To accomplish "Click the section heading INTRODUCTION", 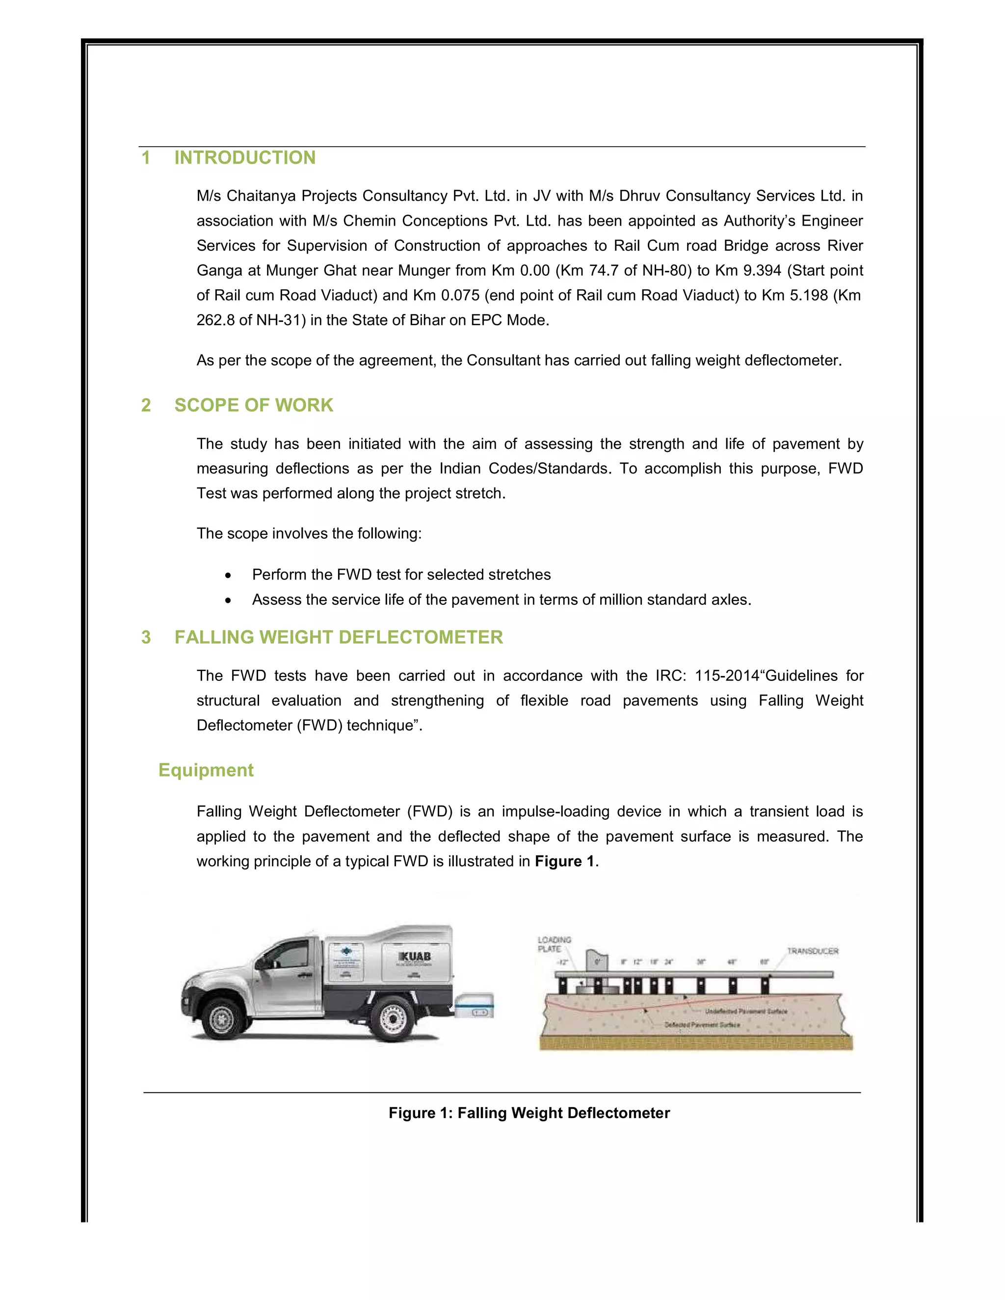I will [245, 158].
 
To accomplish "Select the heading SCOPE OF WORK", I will [254, 405].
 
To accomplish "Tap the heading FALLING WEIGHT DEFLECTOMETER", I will [338, 638].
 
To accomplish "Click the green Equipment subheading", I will [206, 770].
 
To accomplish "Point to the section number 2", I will [146, 405].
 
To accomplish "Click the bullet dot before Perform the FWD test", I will [228, 575].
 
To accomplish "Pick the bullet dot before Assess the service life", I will [228, 600].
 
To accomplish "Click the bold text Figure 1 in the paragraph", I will [564, 861].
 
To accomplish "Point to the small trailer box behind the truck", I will [475, 1005].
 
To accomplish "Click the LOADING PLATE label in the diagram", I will [554, 944].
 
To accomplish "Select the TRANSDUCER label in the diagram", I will [812, 951].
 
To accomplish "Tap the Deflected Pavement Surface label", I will [702, 1025].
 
